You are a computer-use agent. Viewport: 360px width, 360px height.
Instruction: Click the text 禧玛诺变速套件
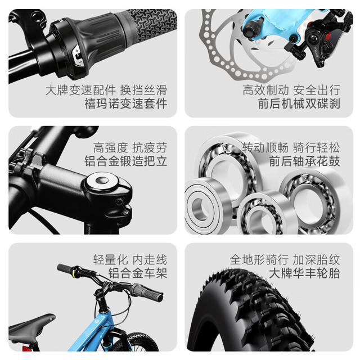coord(126,103)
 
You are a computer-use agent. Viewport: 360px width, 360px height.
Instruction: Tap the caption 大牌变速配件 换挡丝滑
coord(106,90)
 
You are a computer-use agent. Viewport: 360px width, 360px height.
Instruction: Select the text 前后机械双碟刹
coord(299,103)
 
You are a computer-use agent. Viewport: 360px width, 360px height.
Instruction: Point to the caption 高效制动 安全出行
coord(291,90)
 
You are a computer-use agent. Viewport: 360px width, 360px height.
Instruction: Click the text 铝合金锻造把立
coord(126,161)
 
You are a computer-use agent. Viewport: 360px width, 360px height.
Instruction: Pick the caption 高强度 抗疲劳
coord(130,147)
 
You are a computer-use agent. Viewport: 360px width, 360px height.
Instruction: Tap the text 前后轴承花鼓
coord(304,161)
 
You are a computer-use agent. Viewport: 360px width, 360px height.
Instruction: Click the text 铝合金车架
coord(138,273)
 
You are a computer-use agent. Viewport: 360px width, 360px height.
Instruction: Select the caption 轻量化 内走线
coord(130,260)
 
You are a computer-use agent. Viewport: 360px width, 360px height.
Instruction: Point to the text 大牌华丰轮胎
coord(304,273)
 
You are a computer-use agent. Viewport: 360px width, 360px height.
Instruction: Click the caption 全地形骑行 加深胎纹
coord(285,260)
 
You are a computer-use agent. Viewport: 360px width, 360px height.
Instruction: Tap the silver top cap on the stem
coord(101,181)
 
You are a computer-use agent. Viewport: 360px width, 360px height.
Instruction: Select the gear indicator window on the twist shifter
coord(78,56)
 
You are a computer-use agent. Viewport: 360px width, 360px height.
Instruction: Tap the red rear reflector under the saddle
coord(26,348)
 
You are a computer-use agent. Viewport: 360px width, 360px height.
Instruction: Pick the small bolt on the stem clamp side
coord(119,202)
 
